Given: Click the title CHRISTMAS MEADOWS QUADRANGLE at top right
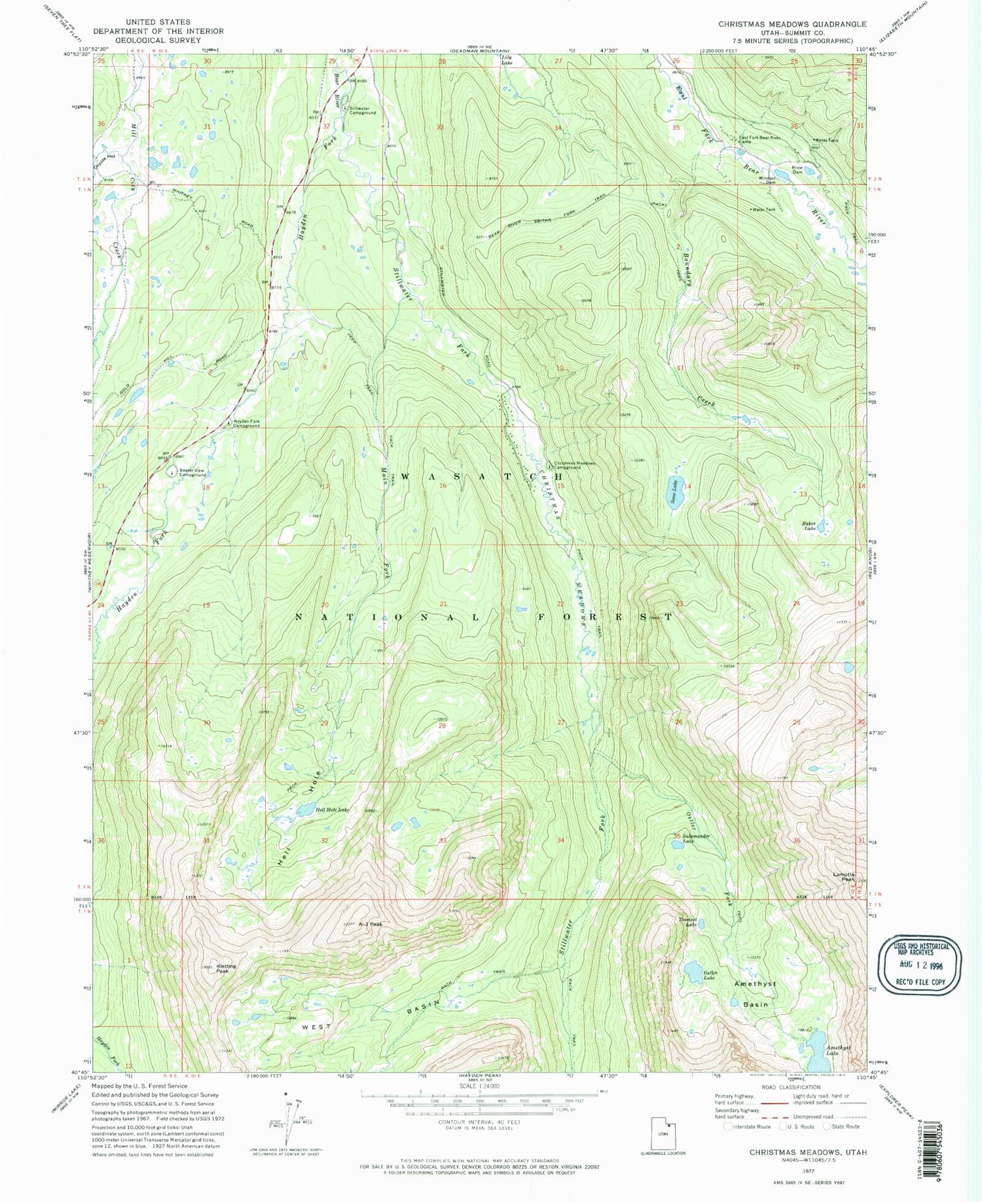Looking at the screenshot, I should pos(792,24).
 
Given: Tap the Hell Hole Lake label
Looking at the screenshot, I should pos(333,810).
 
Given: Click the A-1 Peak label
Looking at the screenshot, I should pos(370,925).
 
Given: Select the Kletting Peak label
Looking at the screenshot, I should pos(227,968).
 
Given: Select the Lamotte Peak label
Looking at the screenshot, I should pos(844,877).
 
